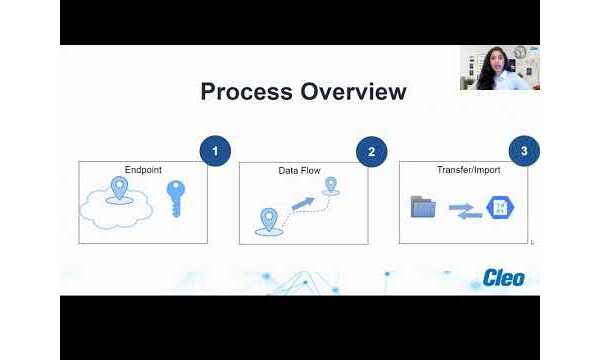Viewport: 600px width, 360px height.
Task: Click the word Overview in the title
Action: (x=351, y=92)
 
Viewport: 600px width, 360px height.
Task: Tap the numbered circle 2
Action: (x=372, y=152)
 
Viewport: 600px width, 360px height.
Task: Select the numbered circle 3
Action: (x=524, y=152)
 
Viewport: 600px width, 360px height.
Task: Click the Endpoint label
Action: (x=142, y=170)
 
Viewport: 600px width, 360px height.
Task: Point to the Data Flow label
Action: (x=298, y=171)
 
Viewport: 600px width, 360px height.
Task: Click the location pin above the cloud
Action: (x=120, y=187)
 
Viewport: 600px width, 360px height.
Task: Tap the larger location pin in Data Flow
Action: (x=268, y=219)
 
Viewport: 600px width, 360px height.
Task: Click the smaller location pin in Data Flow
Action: (x=331, y=185)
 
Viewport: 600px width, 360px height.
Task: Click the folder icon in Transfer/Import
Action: (x=424, y=208)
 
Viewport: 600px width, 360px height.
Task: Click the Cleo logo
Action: (x=503, y=276)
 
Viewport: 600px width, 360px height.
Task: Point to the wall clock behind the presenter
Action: (x=520, y=51)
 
